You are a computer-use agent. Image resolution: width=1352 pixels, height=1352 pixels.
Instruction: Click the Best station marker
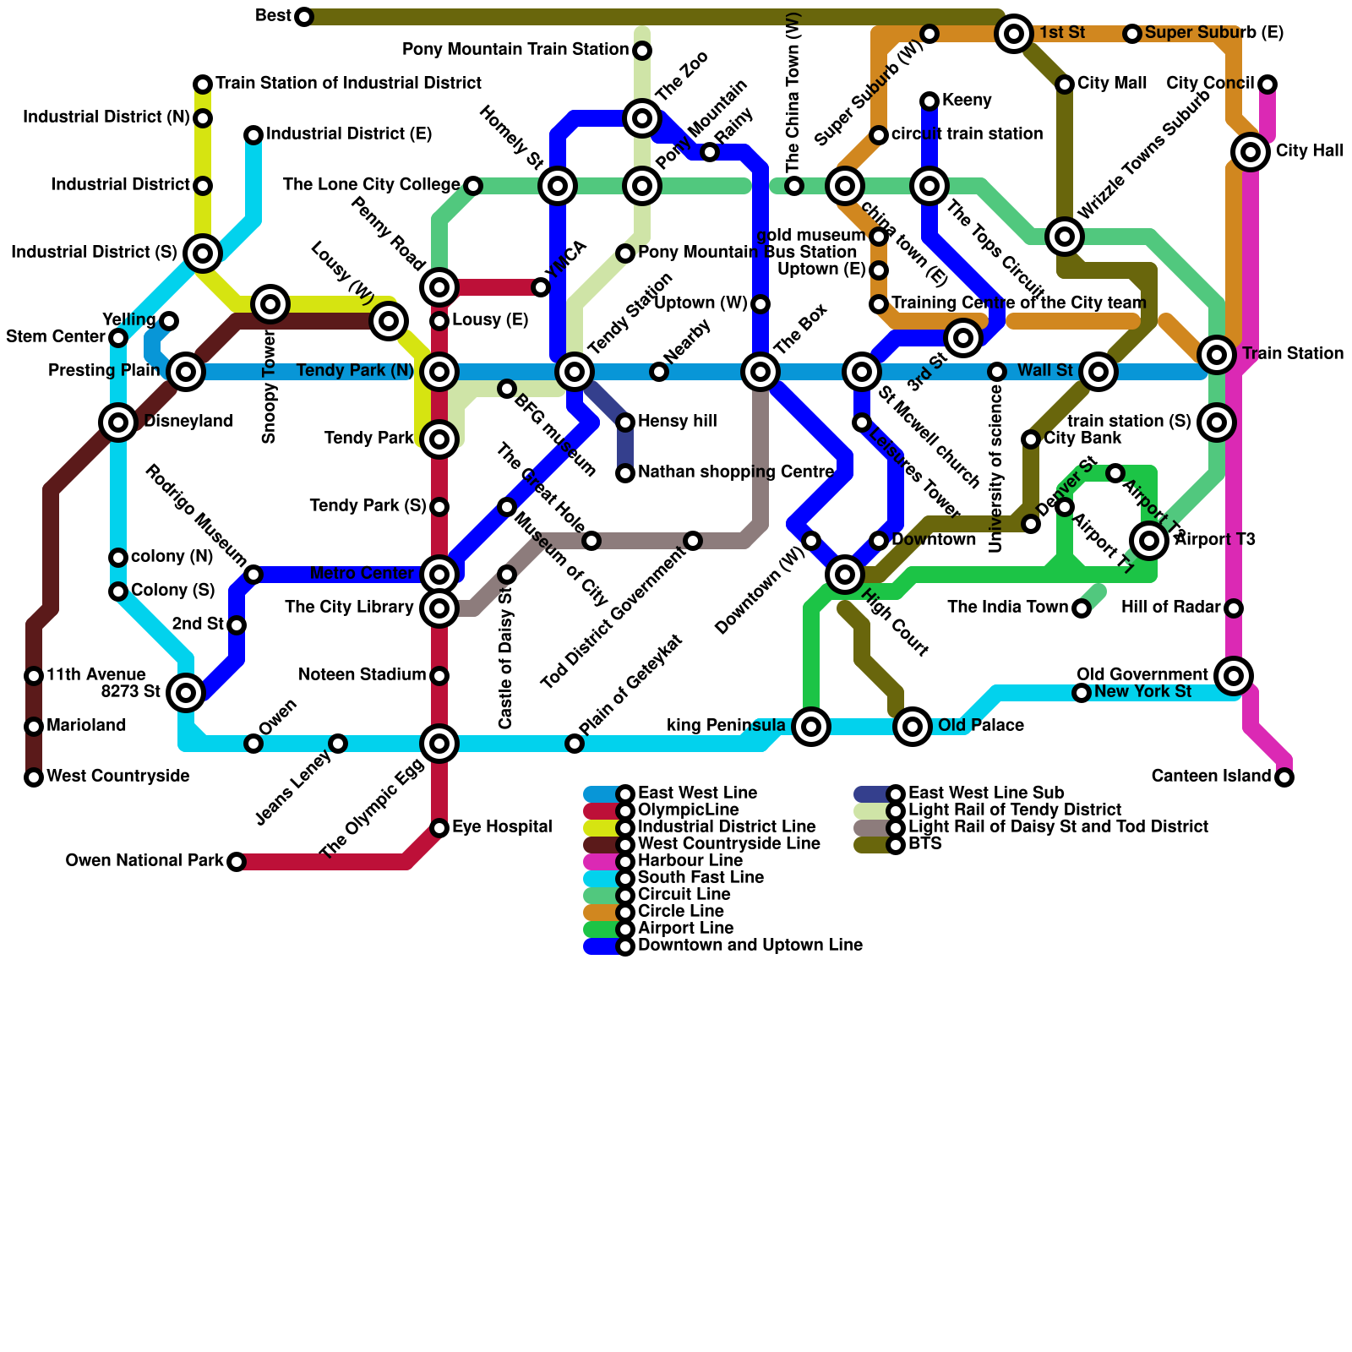(x=304, y=17)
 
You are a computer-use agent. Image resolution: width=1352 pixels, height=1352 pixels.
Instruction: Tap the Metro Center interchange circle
(x=439, y=575)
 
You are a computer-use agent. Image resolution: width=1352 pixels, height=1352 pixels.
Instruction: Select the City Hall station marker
(x=1251, y=152)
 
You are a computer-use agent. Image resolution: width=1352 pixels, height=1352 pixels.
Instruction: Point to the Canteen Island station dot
(x=1284, y=777)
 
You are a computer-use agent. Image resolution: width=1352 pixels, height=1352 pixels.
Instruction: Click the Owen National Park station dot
(x=237, y=862)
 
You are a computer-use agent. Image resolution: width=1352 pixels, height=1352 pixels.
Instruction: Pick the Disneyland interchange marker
(x=118, y=422)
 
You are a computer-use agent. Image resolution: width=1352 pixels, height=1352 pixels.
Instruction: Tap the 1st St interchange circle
(x=1014, y=34)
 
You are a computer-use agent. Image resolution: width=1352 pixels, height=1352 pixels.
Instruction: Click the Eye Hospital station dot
(x=439, y=828)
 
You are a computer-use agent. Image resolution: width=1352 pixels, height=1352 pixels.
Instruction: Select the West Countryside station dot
(x=34, y=777)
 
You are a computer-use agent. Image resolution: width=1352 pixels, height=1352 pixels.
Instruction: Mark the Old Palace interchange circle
(x=913, y=727)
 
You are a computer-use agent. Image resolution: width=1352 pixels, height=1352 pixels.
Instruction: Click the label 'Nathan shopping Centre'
(x=736, y=472)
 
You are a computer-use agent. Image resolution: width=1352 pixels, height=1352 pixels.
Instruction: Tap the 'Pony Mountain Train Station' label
(x=515, y=50)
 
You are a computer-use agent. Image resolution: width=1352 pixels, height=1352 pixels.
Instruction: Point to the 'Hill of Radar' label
(x=1171, y=608)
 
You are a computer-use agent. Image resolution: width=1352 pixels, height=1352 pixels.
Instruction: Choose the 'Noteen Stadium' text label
(x=363, y=675)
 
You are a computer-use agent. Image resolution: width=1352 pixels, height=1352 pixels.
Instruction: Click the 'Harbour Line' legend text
(x=690, y=861)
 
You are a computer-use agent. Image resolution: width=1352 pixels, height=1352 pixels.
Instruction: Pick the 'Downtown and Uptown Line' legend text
(x=750, y=946)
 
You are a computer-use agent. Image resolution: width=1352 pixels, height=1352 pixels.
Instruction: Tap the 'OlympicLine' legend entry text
(x=689, y=810)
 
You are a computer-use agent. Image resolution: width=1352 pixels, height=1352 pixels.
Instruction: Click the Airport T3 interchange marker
(x=1149, y=541)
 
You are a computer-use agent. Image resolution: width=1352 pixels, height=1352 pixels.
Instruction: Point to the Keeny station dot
(x=929, y=101)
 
